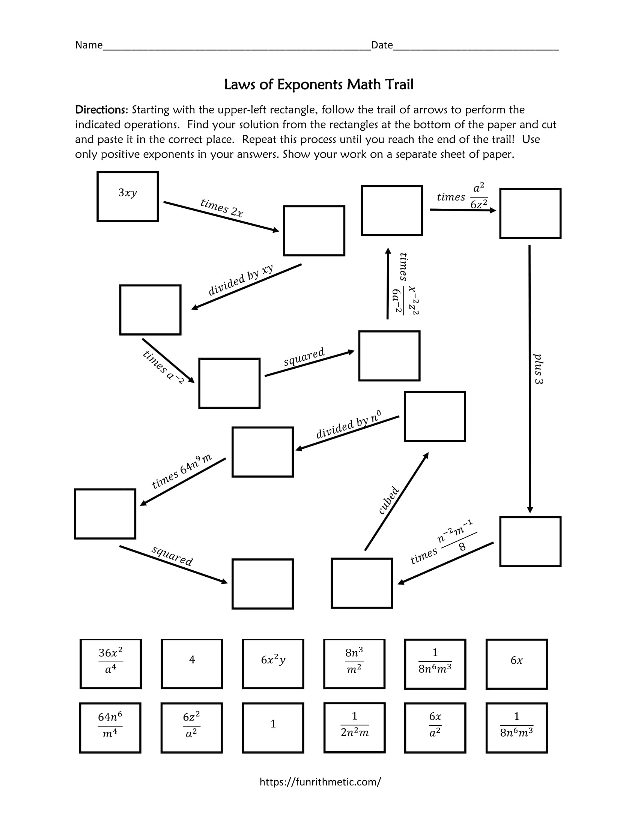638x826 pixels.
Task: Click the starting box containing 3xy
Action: (x=127, y=196)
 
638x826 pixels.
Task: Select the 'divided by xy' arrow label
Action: (x=241, y=280)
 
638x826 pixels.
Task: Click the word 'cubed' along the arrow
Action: (x=388, y=500)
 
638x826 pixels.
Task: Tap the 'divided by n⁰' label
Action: (x=348, y=425)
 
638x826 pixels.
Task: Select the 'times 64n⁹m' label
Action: (x=181, y=471)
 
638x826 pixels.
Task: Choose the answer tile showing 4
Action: (x=192, y=664)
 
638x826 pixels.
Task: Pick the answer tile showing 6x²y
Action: (x=273, y=664)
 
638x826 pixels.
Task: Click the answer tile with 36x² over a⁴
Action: (x=110, y=664)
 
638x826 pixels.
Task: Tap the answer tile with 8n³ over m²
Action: (x=354, y=664)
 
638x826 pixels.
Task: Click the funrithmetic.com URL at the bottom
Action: (x=320, y=782)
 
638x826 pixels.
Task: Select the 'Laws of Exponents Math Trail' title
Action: (x=319, y=84)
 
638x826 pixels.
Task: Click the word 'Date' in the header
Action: (x=382, y=45)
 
